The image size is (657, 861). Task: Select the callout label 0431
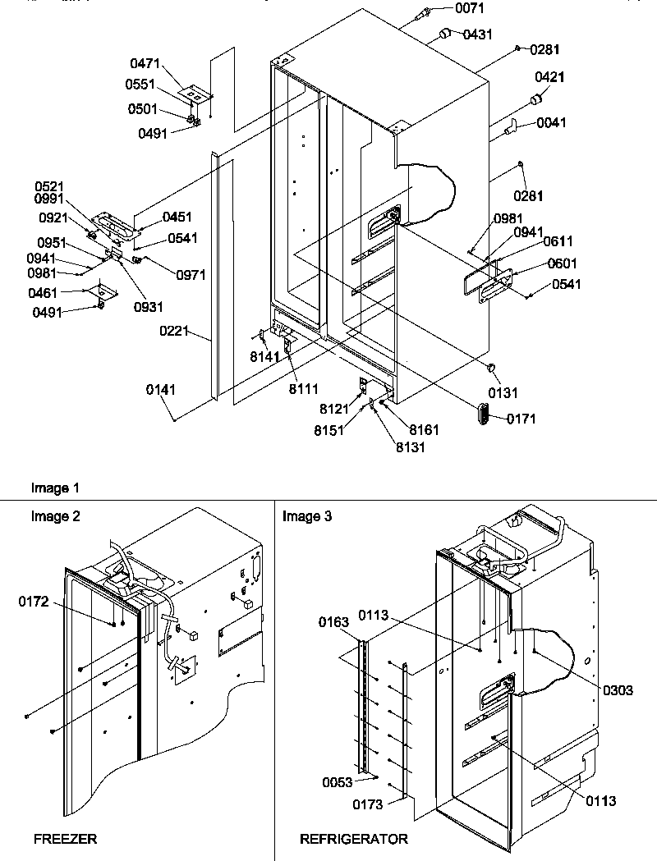tap(477, 34)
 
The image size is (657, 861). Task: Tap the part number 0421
tap(549, 77)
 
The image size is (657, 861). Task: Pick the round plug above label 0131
tap(491, 366)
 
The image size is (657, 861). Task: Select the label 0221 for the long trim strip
tap(175, 332)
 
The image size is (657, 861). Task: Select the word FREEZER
tap(65, 839)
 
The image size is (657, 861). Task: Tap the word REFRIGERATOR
tap(353, 839)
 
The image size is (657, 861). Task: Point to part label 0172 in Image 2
tap(34, 602)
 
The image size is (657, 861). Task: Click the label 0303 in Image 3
tap(617, 690)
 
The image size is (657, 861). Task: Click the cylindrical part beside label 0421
tap(537, 100)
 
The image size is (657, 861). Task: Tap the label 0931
tap(150, 307)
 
